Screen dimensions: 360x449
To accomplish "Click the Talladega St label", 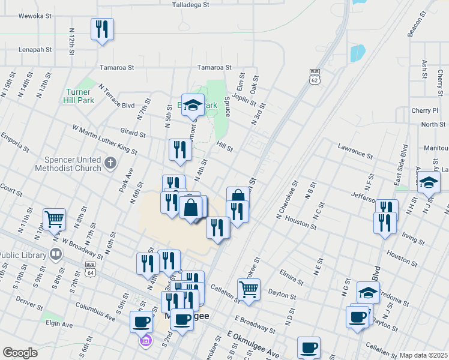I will click(x=190, y=4).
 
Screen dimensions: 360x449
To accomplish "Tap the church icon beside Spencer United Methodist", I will click(x=110, y=163).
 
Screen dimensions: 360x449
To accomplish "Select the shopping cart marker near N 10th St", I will click(x=54, y=220).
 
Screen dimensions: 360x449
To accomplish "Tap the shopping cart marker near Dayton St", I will click(x=249, y=290).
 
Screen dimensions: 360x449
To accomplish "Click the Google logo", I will click(x=20, y=353).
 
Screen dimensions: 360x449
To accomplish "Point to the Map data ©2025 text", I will click(x=423, y=355).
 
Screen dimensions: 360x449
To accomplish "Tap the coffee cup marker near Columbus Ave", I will click(x=142, y=322).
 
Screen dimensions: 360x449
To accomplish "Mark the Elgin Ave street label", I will click(x=59, y=324).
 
